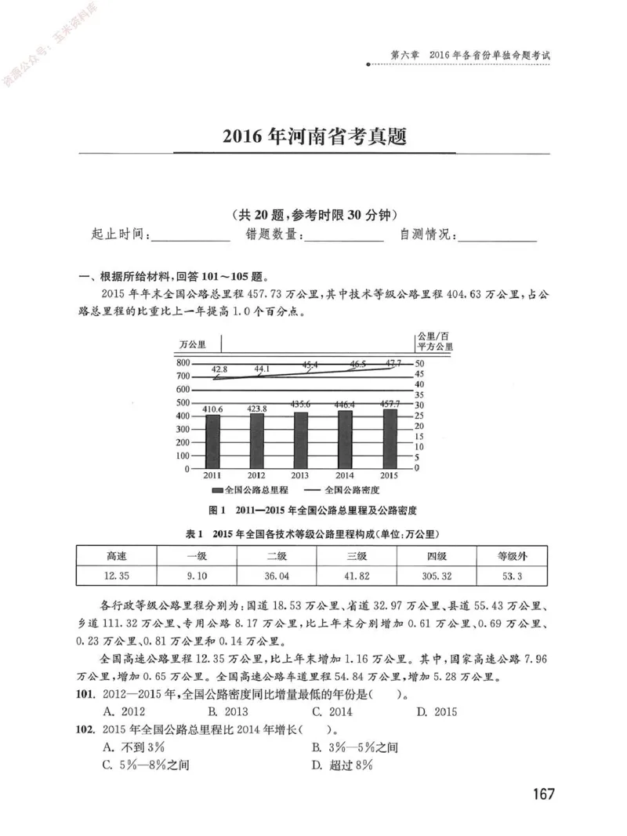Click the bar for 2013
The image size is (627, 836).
pyautogui.click(x=302, y=440)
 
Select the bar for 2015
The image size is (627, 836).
pyautogui.click(x=390, y=438)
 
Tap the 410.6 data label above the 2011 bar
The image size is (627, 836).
pyautogui.click(x=213, y=409)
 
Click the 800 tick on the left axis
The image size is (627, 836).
pyautogui.click(x=182, y=363)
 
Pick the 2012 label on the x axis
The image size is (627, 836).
pyautogui.click(x=257, y=476)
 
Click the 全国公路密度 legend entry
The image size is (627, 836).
pyautogui.click(x=346, y=490)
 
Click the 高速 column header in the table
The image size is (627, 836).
pyautogui.click(x=116, y=556)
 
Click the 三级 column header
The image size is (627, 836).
pyautogui.click(x=357, y=556)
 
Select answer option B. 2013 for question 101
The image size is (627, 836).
pyautogui.click(x=227, y=712)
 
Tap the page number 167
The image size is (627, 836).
pyautogui.click(x=543, y=794)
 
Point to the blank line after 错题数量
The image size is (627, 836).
pyautogui.click(x=342, y=234)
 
